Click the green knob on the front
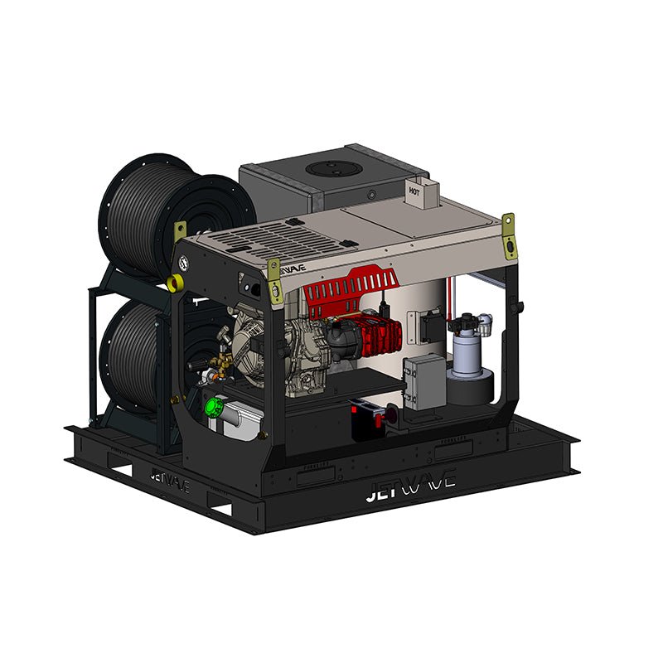(x=215, y=405)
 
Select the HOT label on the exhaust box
(x=415, y=190)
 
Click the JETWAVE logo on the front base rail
(x=409, y=490)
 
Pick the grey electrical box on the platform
(x=424, y=380)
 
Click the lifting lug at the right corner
(x=508, y=228)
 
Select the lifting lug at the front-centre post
(x=273, y=278)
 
